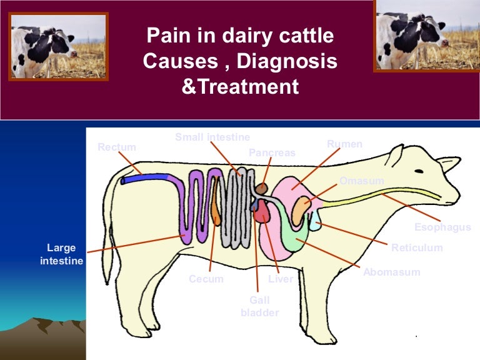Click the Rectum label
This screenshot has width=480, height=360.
pos(117,147)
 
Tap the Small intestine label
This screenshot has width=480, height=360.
pos(212,137)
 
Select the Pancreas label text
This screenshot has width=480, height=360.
pos(272,152)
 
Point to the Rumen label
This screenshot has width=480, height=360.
pos(344,144)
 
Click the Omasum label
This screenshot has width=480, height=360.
pos(361,181)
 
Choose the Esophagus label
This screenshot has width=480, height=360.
pos(442,227)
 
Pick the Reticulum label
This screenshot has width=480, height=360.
pos(417,247)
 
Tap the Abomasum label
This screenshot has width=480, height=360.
pos(391,272)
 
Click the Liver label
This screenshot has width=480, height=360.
pos(281,279)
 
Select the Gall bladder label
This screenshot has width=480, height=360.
pos(259,306)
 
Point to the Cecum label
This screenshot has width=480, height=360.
pos(206,279)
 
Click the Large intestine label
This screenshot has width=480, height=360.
pos(61,254)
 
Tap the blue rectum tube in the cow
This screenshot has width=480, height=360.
pos(147,179)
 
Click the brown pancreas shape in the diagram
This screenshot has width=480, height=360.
pos(261,187)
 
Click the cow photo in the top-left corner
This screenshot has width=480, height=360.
pos(58,46)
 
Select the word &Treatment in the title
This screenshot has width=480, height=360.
pos(240,86)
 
